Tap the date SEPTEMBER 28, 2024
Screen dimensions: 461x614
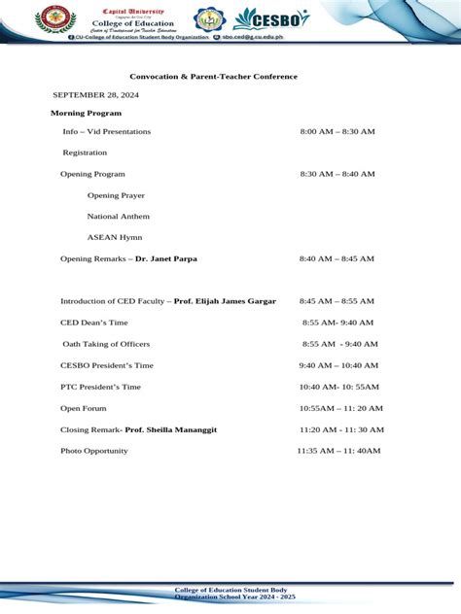coord(95,95)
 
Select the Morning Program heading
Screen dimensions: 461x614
coord(86,114)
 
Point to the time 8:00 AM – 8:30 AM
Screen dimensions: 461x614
coord(337,131)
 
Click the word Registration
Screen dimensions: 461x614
coord(85,153)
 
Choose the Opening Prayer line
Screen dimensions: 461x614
coord(116,195)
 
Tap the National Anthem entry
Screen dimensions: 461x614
coord(119,217)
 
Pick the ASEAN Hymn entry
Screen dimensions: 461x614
coord(115,237)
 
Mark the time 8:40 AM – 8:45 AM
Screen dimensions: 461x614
coord(337,259)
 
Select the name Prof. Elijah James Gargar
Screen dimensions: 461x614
coord(225,301)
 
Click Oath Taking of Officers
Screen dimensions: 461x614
coord(106,344)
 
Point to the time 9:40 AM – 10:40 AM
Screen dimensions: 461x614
coord(338,365)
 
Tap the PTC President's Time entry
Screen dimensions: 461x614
coord(100,387)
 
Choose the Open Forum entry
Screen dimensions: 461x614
coord(84,408)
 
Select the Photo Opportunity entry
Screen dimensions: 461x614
coord(94,451)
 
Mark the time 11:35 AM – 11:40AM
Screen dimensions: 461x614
coord(338,451)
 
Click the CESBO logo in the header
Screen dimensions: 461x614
coord(271,18)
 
